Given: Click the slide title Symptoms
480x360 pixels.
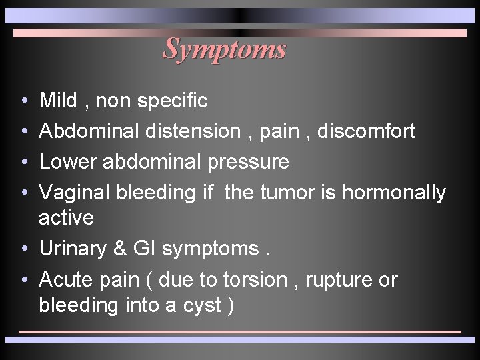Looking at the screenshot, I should point(225,48).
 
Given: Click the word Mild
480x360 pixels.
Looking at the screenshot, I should point(59,101).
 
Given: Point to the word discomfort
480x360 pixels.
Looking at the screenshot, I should point(366,131).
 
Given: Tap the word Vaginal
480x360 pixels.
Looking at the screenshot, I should point(75,193).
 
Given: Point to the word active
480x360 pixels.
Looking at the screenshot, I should point(67,217).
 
